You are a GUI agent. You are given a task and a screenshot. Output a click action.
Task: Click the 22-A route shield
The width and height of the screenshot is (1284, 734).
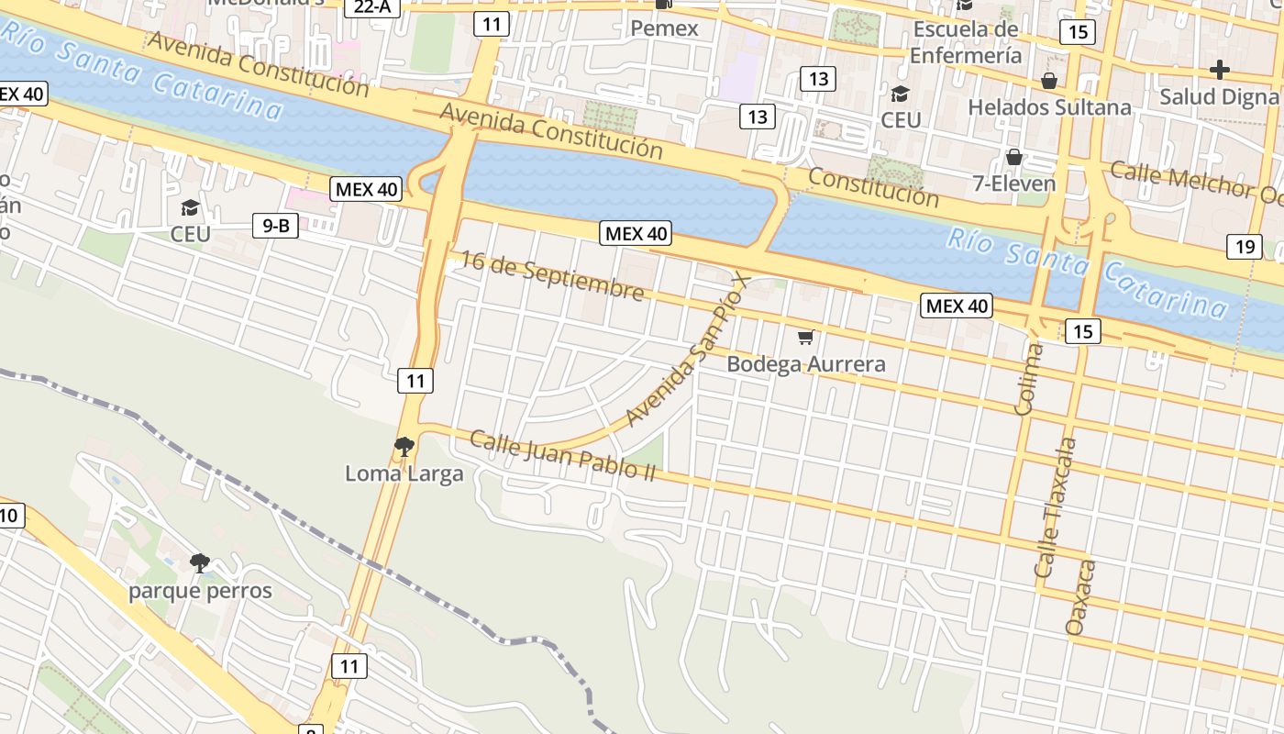[373, 6]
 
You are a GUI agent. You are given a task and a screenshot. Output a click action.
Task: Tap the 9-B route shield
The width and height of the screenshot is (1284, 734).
[275, 225]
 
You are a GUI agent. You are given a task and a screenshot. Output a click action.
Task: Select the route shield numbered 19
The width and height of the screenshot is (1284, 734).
[1244, 246]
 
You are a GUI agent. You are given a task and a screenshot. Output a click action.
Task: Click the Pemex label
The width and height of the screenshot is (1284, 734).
[664, 28]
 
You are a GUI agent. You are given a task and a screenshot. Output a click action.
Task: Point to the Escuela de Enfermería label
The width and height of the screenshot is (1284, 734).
[967, 42]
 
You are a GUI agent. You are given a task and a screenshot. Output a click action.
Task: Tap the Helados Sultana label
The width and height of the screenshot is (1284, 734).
[1049, 107]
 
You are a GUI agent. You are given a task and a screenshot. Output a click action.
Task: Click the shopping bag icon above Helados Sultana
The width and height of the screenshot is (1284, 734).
[1049, 81]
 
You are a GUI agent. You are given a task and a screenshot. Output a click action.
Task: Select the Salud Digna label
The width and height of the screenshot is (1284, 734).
[1219, 96]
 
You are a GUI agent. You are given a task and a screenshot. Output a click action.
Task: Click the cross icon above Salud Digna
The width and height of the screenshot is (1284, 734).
[1219, 69]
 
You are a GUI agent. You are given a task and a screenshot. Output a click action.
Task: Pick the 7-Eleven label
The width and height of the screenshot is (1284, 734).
[1014, 183]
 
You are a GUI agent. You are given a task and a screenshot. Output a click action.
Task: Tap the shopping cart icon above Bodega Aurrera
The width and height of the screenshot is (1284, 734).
[805, 337]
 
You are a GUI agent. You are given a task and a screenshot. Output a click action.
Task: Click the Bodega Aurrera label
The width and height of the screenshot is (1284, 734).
[806, 364]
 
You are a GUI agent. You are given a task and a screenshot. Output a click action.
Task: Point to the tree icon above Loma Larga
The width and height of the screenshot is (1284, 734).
[404, 447]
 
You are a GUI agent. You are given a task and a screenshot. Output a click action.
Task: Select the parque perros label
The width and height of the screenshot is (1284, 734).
[200, 590]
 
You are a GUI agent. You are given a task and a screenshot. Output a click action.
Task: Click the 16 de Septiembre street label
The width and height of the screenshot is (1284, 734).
[551, 275]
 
